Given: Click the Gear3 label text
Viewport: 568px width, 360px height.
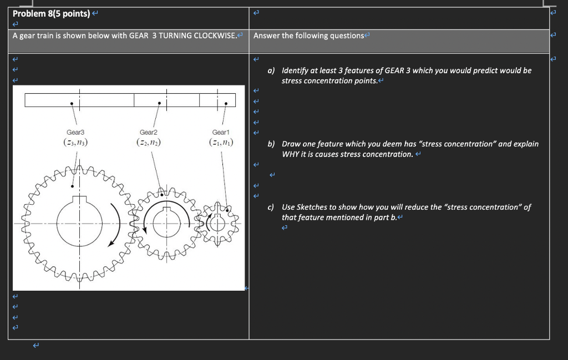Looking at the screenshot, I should click(75, 133).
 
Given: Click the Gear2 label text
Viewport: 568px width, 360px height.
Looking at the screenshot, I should click(149, 133).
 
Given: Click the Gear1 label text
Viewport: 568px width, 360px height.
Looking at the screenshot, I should click(221, 133).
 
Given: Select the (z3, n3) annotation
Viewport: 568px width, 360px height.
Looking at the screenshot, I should click(75, 143).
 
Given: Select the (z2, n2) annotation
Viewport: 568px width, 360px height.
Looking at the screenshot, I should click(149, 143).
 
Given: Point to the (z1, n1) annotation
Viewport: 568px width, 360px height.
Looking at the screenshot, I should click(221, 143).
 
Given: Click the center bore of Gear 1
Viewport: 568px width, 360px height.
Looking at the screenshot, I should click(218, 224).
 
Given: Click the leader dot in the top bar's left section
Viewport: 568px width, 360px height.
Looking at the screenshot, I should click(71, 103).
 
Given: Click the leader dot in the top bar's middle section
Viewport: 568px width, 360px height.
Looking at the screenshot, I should click(159, 103).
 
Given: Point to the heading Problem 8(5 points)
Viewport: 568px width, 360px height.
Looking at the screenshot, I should click(47, 13).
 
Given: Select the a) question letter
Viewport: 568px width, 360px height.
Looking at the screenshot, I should click(271, 71).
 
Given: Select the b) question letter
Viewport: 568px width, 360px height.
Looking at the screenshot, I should click(271, 144).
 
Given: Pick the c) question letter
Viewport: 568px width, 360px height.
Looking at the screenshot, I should click(271, 207).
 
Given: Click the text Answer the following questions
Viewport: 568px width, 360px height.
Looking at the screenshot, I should click(308, 36).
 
